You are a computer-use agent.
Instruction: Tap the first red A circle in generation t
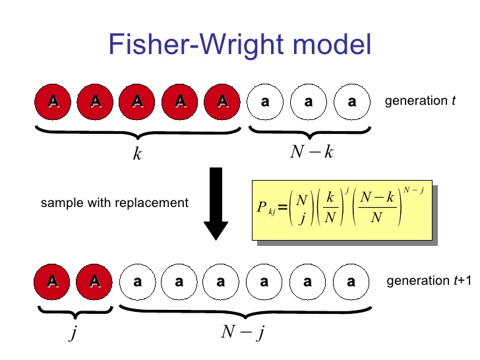(x=53, y=102)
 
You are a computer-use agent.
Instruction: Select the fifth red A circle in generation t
(x=223, y=102)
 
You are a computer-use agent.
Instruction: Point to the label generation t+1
(x=429, y=281)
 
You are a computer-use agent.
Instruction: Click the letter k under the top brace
(x=137, y=154)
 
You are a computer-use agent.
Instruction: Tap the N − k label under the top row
(x=312, y=152)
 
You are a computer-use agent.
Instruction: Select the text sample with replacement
(x=115, y=202)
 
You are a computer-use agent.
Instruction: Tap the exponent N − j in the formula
(x=414, y=191)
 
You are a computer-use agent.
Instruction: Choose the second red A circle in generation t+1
(x=96, y=282)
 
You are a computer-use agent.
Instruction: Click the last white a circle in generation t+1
(x=351, y=282)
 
